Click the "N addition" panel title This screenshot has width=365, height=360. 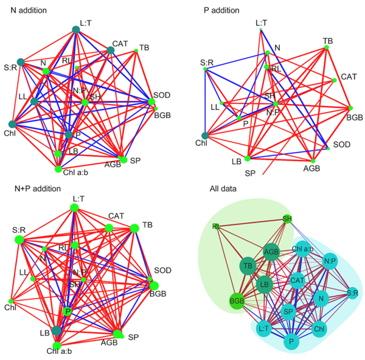click(x=28, y=10)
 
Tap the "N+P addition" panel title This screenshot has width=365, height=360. click(x=33, y=189)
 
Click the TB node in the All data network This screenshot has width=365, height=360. click(x=248, y=266)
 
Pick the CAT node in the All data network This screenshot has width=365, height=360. click(x=297, y=280)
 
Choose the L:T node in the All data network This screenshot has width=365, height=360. click(x=264, y=328)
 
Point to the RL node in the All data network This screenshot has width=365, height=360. click(x=216, y=226)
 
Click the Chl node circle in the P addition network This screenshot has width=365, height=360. click(x=205, y=136)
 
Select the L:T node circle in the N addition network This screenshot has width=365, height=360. click(x=76, y=29)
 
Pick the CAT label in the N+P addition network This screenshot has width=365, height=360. click(x=116, y=215)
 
